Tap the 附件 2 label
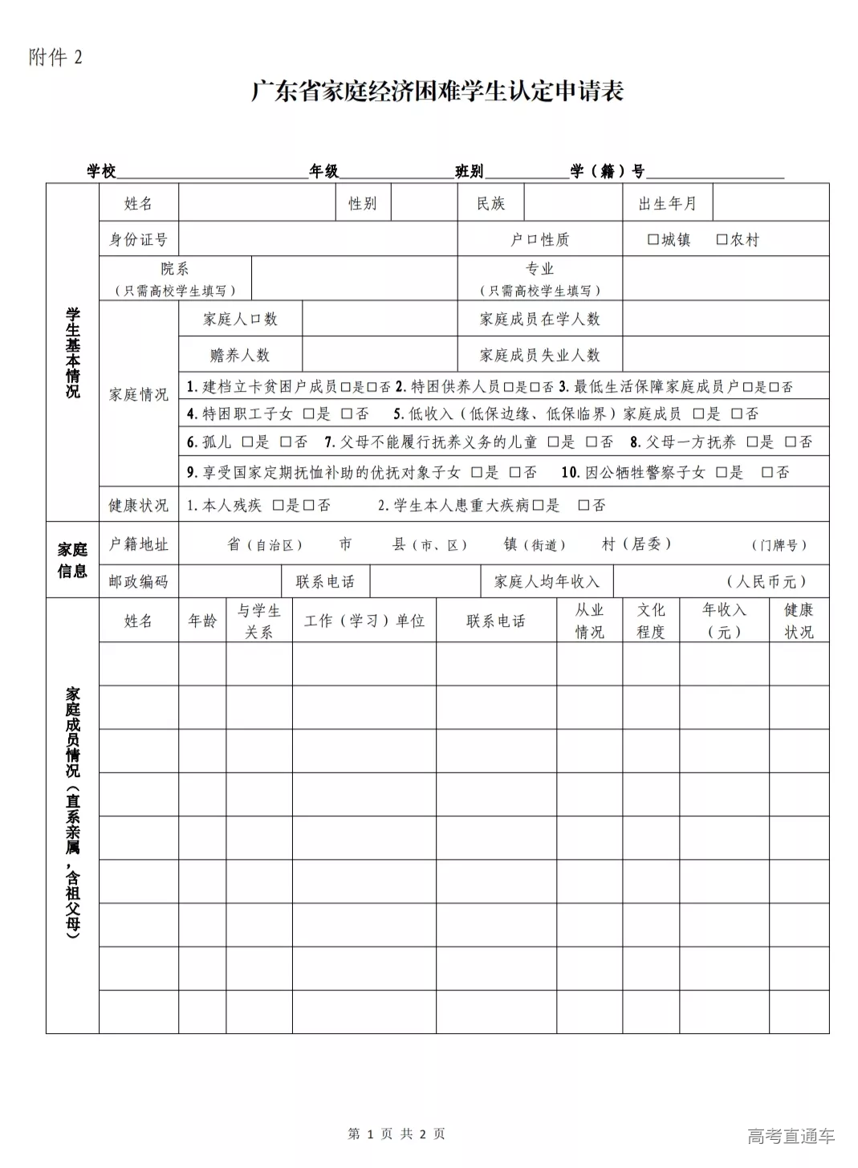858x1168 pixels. pos(55,58)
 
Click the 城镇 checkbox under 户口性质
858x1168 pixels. pos(653,239)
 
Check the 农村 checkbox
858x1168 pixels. pos(722,239)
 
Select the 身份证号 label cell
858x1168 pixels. pos(139,239)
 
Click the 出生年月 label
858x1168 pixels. pos(668,203)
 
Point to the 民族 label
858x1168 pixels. pos(490,203)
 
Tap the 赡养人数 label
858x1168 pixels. pos(240,355)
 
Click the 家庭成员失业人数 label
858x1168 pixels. pos(540,355)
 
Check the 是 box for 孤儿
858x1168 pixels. pos(247,442)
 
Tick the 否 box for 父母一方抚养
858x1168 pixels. pos(791,442)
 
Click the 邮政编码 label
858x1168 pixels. pos(139,581)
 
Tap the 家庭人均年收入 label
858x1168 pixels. pos(547,581)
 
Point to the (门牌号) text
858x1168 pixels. pos(779,545)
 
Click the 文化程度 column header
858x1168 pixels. pos(651,621)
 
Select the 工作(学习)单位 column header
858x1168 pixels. pos(364,621)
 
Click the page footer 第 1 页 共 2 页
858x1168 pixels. pos(396,1133)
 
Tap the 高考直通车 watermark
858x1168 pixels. pos(791,1136)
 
